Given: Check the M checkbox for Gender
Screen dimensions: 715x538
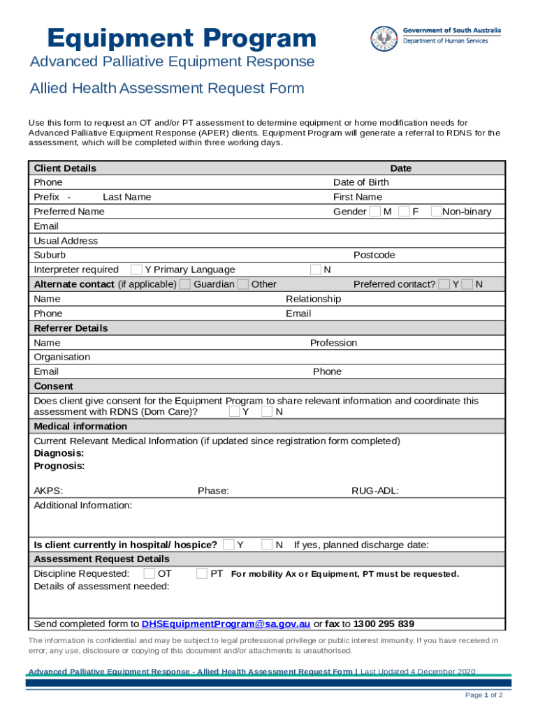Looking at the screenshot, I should (375, 212).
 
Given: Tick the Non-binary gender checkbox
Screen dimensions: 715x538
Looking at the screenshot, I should (437, 212).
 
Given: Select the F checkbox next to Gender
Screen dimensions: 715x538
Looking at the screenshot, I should (404, 212).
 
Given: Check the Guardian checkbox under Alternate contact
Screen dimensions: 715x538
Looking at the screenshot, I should (185, 284).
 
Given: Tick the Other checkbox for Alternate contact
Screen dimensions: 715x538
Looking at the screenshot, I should (243, 284).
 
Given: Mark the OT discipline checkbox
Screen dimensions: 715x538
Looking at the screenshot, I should (150, 574).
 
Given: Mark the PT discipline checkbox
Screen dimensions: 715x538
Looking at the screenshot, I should (202, 574).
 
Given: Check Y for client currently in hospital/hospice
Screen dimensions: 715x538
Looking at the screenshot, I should (228, 545).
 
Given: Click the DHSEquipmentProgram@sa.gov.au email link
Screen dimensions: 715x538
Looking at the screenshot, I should (226, 624).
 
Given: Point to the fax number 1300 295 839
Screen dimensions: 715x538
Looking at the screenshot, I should (384, 624).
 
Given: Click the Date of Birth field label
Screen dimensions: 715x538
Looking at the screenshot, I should (361, 182).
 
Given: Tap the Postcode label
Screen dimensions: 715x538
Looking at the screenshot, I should (374, 255).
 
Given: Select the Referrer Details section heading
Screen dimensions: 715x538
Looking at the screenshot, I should (71, 328).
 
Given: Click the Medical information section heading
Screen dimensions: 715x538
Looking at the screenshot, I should (71, 426).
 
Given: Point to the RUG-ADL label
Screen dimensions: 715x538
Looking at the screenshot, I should (375, 491).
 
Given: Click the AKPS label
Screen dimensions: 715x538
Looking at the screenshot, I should (48, 491).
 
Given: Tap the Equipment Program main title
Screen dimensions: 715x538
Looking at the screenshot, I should (182, 38).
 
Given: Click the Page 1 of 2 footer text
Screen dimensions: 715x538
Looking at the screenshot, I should (484, 695).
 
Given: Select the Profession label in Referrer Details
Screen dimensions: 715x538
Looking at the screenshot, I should (333, 343).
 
